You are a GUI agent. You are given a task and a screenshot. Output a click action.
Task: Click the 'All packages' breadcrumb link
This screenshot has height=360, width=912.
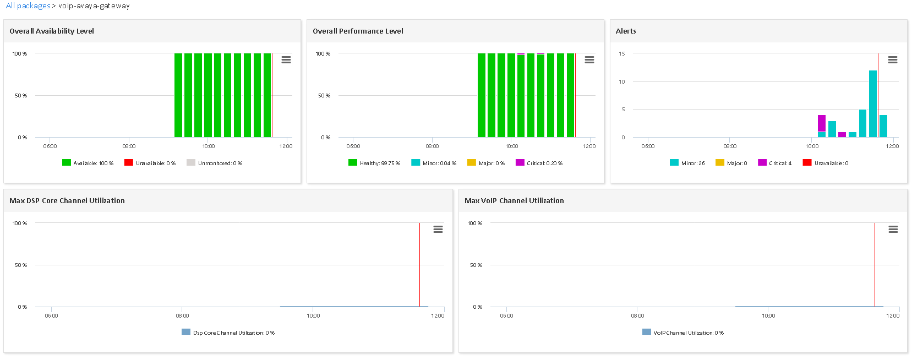pyautogui.click(x=28, y=6)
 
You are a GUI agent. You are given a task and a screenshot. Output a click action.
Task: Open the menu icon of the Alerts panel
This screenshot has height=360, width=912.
pyautogui.click(x=893, y=59)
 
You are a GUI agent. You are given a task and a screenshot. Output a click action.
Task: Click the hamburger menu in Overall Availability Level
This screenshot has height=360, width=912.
pyautogui.click(x=286, y=59)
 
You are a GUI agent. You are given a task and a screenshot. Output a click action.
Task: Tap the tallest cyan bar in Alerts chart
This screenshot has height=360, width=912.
pyautogui.click(x=873, y=103)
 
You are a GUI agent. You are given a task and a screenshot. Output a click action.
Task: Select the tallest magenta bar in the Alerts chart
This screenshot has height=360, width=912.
pyautogui.click(x=822, y=123)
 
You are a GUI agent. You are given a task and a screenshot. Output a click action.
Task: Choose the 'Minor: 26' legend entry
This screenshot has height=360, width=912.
pyautogui.click(x=687, y=163)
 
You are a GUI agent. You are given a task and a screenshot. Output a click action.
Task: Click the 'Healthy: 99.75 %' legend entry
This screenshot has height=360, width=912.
pyautogui.click(x=374, y=163)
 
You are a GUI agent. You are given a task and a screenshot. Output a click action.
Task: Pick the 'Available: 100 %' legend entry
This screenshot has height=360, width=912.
pyautogui.click(x=88, y=163)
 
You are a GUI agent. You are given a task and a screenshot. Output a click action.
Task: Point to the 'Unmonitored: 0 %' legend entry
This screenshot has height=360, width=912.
pyautogui.click(x=214, y=163)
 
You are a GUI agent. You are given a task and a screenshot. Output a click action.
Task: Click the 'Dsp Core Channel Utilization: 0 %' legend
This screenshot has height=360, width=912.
pyautogui.click(x=228, y=332)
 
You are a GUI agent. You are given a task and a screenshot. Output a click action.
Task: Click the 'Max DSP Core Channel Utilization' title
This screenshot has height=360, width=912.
pyautogui.click(x=67, y=201)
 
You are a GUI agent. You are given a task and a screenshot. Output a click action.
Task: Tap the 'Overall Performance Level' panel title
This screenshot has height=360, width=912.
pyautogui.click(x=358, y=31)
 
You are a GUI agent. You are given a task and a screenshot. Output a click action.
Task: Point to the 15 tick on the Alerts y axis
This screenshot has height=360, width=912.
pyautogui.click(x=622, y=54)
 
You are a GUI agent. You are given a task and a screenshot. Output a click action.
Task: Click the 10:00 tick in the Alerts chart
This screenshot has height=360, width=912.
pyautogui.click(x=812, y=146)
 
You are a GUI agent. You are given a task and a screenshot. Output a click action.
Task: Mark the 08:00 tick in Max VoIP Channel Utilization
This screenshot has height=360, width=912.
pyautogui.click(x=637, y=316)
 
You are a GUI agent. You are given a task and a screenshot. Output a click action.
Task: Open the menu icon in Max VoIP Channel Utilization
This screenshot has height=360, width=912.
pyautogui.click(x=893, y=229)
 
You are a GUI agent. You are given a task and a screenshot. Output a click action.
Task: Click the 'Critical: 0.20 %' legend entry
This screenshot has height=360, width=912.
pyautogui.click(x=539, y=163)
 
